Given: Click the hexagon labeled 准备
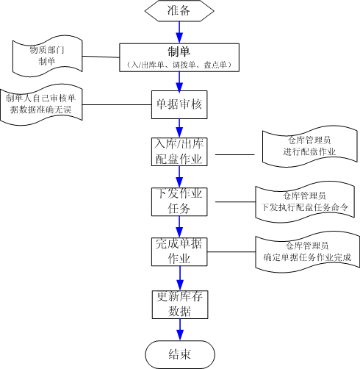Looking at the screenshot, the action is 179,11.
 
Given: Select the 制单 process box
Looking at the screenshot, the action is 179,57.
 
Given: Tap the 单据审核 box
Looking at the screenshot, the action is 179,105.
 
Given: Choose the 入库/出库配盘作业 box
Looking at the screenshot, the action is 179,152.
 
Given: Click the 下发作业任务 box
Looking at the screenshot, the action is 179,202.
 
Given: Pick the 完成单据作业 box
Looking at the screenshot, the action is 179,252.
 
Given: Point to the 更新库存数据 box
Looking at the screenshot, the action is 180,304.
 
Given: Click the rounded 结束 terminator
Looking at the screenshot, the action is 180,354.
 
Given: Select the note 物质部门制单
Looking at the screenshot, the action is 47,56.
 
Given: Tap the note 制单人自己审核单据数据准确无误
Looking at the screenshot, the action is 41,104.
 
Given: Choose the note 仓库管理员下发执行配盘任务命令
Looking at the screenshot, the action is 305,202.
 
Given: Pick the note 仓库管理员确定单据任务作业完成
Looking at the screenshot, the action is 308,252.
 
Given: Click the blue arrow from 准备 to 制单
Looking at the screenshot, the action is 179,32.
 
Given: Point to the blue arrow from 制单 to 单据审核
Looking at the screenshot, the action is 179,82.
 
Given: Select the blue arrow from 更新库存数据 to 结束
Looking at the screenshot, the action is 180,330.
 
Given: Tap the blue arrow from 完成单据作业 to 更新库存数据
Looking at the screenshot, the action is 180,279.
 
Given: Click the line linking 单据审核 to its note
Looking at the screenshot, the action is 117,105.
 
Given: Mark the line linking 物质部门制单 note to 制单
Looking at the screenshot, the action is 101,57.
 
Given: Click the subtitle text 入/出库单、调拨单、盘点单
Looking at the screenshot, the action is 179,65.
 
